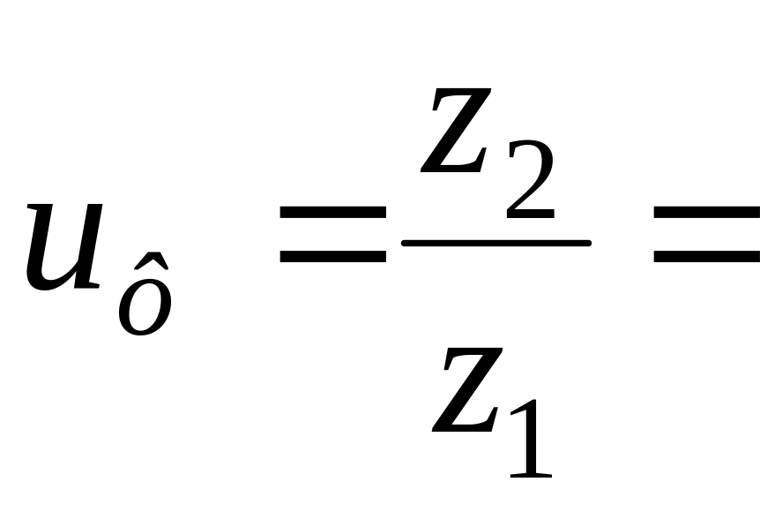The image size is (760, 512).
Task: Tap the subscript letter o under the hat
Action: (x=145, y=309)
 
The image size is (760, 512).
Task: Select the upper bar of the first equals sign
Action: (x=332, y=213)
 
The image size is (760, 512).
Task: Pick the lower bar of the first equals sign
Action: (x=332, y=257)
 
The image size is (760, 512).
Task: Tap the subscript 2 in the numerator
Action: (x=530, y=186)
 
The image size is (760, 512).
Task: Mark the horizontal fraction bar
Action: (x=495, y=242)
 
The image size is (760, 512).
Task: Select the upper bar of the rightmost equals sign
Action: (x=705, y=213)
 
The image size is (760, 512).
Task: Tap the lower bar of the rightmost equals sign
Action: (x=705, y=257)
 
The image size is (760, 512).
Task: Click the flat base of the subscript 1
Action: (x=531, y=475)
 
